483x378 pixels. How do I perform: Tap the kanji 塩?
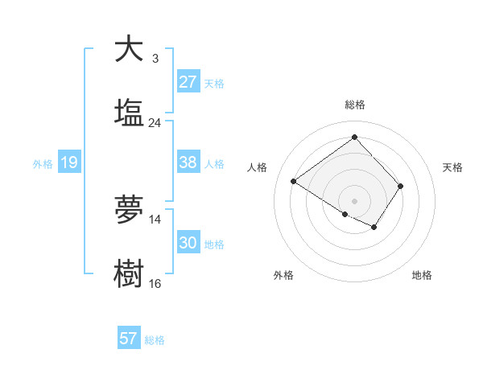129,113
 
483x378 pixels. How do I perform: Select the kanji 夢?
129,211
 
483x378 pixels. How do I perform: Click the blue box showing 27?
188,82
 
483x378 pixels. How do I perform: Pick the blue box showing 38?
188,162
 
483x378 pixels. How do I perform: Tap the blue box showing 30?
188,243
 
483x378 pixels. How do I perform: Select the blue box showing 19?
69,162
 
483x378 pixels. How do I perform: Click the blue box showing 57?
129,339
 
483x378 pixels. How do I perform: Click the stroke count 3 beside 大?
155,58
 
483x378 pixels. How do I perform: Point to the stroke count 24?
155,123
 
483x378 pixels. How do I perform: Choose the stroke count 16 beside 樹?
155,284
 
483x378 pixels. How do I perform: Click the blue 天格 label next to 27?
213,83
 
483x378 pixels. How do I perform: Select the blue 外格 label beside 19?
43,163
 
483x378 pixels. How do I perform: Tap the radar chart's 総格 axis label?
355,105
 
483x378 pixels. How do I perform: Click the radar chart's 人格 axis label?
258,167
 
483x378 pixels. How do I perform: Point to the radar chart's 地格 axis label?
422,275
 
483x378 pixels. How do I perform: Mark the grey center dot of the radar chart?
355,199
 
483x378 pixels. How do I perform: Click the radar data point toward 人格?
294,182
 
